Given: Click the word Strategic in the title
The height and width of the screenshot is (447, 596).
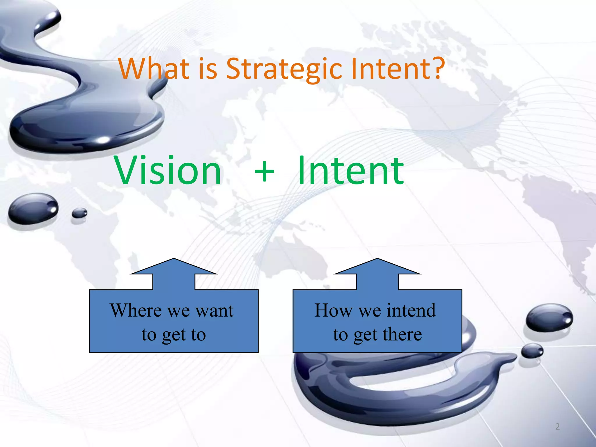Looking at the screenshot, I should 284,69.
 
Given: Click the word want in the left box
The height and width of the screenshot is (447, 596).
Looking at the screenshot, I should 214,311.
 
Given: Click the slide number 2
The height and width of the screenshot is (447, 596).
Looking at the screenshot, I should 557,427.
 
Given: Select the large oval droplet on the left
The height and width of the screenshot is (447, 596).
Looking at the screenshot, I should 33,208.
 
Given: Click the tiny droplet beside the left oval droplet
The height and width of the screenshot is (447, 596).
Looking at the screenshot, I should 79,213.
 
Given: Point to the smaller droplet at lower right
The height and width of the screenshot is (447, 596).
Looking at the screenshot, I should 532,350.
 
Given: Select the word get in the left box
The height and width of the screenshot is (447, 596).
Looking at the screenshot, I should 174,335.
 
